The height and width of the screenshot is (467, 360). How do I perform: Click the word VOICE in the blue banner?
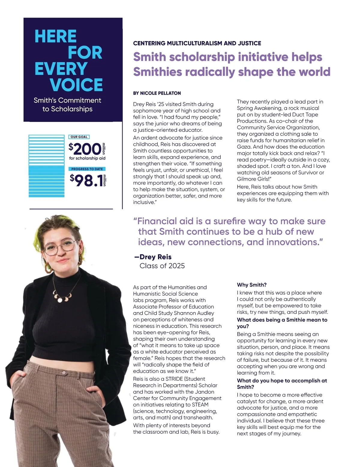pyautogui.click(x=76, y=85)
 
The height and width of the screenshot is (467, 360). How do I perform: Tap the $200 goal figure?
pyautogui.click(x=85, y=149)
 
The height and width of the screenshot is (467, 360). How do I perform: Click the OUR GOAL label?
pyautogui.click(x=79, y=137)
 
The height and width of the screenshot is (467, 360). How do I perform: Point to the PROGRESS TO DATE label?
pyautogui.click(x=87, y=169)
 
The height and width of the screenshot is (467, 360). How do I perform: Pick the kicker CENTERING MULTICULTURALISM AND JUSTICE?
pyautogui.click(x=197, y=43)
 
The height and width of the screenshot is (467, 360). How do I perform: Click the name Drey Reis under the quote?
pyautogui.click(x=155, y=257)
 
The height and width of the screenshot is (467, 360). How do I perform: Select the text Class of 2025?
pyautogui.click(x=162, y=266)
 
